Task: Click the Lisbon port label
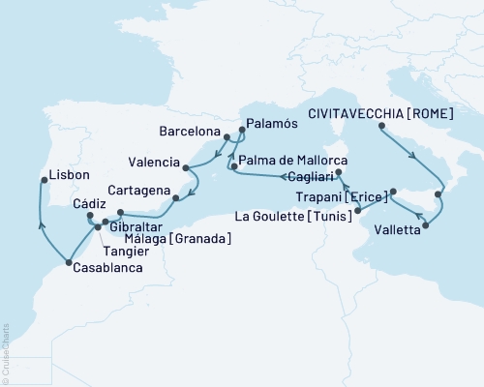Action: pos(70,175)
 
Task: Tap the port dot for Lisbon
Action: pos(42,179)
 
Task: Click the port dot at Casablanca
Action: pos(68,261)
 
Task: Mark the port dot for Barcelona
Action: pos(227,137)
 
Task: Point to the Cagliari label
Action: pos(309,177)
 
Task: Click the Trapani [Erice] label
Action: pos(346,195)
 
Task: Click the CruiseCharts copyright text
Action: pos(6,349)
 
